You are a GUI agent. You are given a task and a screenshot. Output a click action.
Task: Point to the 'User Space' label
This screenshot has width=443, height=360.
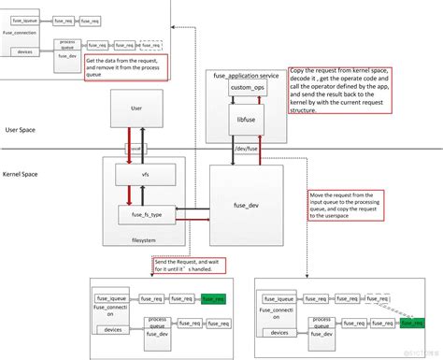[20, 129]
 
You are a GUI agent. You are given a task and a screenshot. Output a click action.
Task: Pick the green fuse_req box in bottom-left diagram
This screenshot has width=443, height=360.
[212, 299]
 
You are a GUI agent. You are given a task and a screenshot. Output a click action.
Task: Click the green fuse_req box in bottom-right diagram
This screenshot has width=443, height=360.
[412, 322]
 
